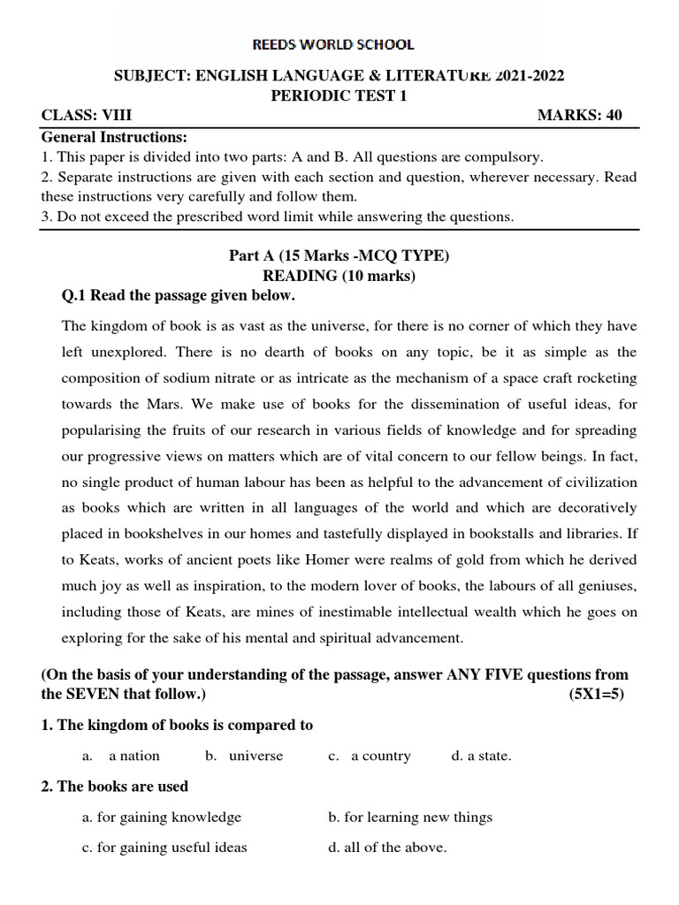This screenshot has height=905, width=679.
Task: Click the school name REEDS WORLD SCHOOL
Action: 339,44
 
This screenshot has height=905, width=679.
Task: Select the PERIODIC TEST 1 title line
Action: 339,96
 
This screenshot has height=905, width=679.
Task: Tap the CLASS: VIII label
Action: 87,117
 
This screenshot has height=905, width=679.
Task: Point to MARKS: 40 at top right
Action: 580,117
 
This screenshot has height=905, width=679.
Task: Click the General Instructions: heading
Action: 114,137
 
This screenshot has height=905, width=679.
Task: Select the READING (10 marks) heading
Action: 339,276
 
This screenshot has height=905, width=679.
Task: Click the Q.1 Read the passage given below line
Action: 177,295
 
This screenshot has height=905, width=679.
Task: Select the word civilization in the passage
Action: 596,482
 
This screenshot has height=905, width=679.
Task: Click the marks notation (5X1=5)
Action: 596,694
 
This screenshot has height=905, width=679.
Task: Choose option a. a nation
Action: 122,757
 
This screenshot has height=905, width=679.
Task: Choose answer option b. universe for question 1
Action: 245,757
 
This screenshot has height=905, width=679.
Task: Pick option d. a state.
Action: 481,757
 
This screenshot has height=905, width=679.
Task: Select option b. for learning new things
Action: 410,818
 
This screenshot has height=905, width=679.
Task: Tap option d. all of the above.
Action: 387,848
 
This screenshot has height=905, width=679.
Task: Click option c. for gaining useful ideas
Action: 164,848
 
